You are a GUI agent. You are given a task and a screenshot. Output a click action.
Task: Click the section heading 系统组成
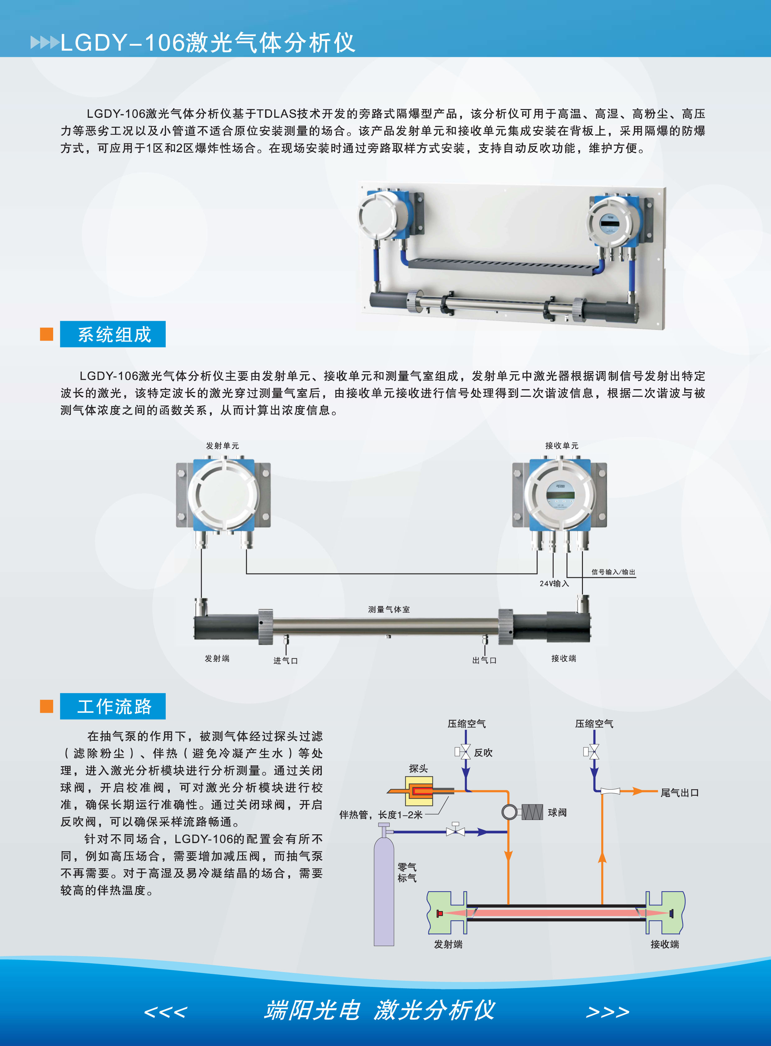(x=114, y=334)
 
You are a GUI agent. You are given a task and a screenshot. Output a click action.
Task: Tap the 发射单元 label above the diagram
(x=222, y=446)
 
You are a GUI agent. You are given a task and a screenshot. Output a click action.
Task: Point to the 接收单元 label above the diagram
(x=561, y=446)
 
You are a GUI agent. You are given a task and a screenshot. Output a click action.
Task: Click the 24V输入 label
(x=554, y=584)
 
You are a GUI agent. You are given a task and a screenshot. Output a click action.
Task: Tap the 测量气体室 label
(x=389, y=609)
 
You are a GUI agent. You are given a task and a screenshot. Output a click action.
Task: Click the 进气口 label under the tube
(x=286, y=661)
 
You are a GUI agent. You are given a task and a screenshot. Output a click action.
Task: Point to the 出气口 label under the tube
(x=484, y=660)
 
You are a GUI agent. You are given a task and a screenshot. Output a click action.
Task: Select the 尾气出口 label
(x=680, y=793)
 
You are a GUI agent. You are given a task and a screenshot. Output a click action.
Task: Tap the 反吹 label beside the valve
(x=483, y=753)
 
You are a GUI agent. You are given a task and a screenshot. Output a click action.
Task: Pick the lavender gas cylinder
(x=384, y=887)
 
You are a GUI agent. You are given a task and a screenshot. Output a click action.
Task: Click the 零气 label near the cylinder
(x=407, y=867)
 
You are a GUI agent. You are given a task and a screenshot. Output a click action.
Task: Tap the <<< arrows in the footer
(x=166, y=1011)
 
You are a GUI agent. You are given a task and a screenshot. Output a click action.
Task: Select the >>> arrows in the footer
(x=608, y=1011)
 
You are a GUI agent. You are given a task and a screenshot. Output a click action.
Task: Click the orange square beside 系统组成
(x=47, y=334)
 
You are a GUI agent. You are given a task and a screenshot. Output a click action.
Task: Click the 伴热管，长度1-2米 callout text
(x=381, y=815)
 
